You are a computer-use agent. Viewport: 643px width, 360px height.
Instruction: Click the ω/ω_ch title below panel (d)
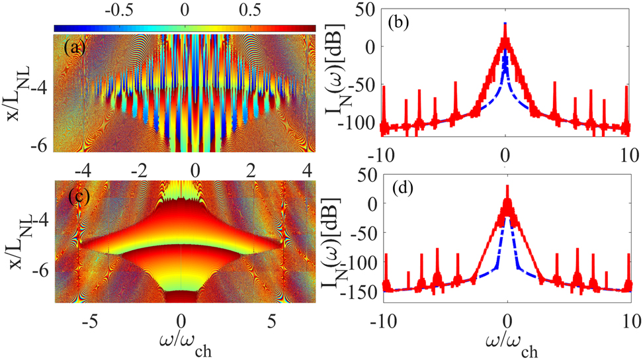point(506,345)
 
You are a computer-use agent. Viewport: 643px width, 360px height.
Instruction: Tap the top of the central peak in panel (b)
point(505,24)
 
